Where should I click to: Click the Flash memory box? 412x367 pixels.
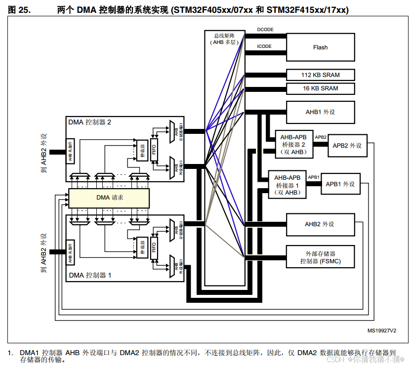pos(320,47)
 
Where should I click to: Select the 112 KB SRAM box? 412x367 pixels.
pos(320,75)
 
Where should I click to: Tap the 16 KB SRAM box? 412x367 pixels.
pos(320,88)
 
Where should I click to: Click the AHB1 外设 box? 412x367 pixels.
pos(320,112)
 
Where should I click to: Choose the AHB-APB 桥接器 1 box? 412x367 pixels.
pos(287,184)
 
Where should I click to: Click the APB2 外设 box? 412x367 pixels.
pos(347,146)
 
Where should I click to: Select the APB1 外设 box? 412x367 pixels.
pos(340,184)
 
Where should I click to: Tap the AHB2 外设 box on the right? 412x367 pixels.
pos(320,224)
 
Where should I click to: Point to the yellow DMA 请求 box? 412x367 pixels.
pos(109,198)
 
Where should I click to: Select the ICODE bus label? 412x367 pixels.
pos(264,46)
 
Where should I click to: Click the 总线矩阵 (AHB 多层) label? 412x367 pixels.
pos(225,39)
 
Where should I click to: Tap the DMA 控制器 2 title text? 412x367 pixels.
pos(90,122)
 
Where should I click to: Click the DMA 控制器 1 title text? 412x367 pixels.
pos(90,275)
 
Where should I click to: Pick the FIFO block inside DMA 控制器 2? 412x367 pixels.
pos(154,147)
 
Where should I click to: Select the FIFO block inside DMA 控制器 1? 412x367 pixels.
pos(154,245)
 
